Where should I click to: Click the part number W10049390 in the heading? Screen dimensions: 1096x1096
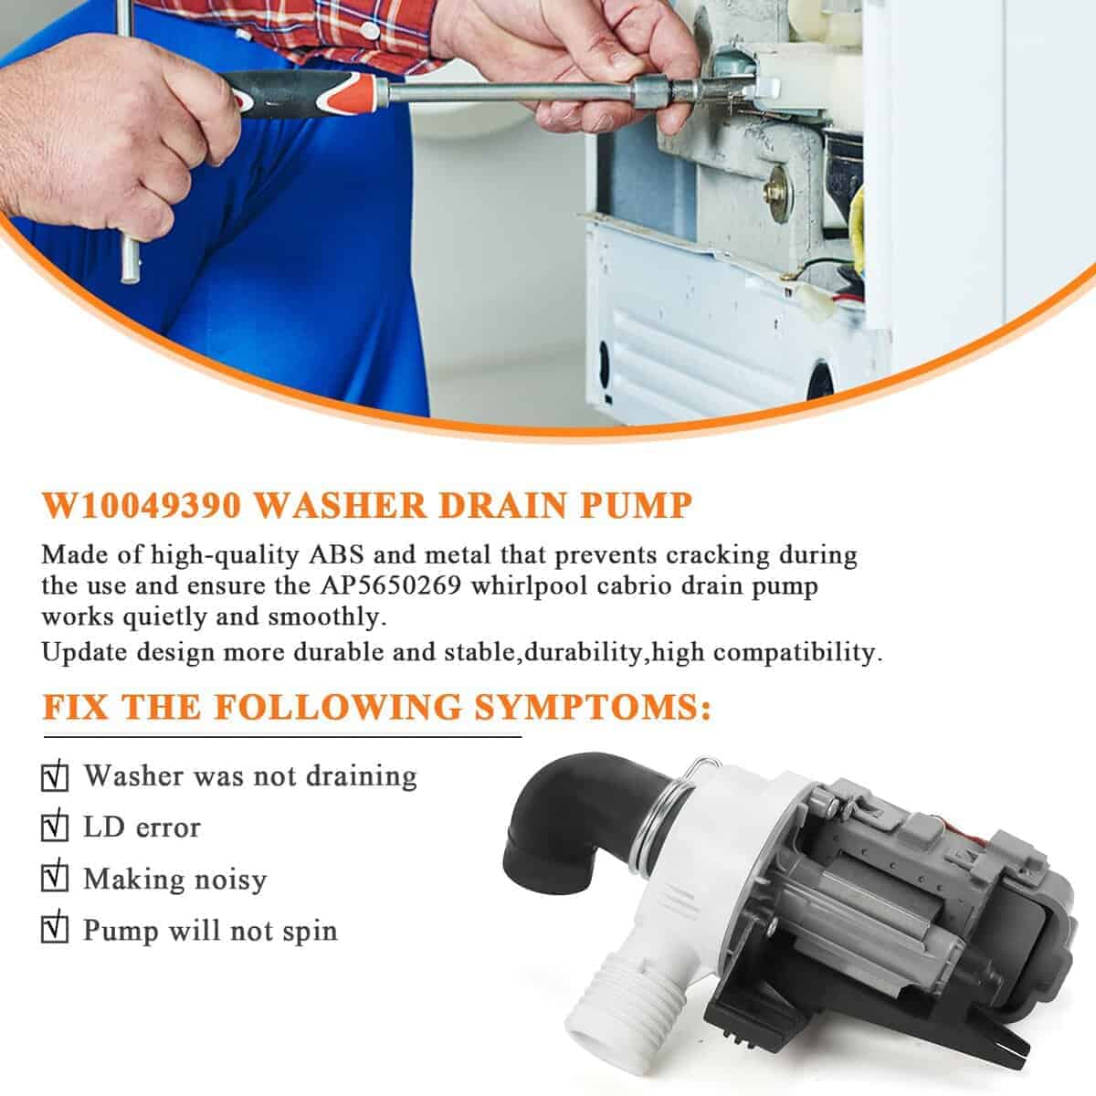click(142, 505)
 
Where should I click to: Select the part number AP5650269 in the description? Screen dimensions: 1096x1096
click(390, 585)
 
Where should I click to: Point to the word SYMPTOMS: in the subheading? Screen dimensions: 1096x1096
click(593, 708)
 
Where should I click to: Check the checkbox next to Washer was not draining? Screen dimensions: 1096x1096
click(55, 777)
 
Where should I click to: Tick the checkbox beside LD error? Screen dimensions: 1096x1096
click(55, 827)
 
